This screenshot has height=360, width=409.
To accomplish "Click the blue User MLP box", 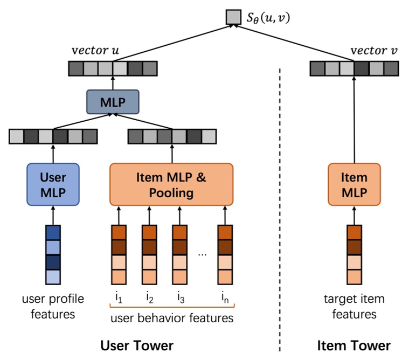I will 53,184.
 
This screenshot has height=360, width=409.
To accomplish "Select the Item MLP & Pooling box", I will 171,184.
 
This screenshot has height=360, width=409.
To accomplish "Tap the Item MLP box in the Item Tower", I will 354,184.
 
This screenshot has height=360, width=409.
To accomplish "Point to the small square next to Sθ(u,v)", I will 233,17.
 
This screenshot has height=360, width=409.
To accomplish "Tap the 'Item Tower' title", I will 353,345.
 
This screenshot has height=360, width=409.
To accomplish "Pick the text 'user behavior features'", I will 171,318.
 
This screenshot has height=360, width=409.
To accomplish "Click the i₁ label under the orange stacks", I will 119,297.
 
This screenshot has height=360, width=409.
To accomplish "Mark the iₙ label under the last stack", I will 225,297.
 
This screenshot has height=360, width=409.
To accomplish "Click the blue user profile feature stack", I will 53,254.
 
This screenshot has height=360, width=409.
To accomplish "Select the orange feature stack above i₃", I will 179,254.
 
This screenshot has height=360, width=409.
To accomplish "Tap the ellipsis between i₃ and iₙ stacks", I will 202,253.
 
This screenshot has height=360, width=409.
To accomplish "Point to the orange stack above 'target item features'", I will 354,254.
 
